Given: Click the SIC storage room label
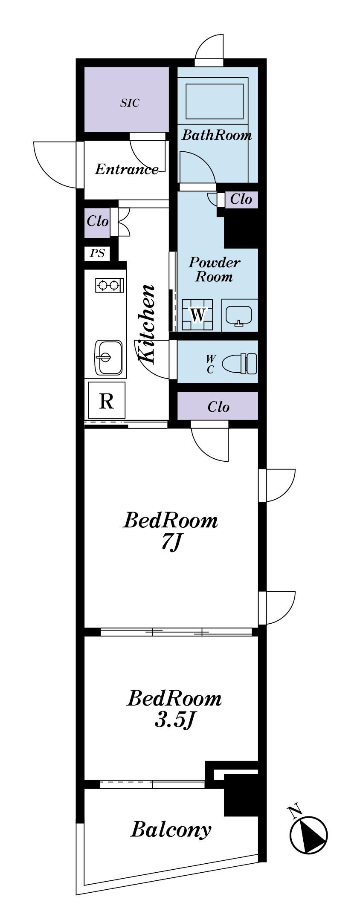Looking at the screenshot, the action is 130,103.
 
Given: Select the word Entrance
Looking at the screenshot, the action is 126,169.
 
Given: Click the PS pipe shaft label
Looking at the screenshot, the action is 98,253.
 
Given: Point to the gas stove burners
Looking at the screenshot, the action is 110,285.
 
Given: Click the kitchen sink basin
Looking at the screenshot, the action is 108,357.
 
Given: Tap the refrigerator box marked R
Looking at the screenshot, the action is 107,400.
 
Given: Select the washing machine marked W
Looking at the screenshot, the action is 197,315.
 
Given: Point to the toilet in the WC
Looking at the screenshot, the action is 241,363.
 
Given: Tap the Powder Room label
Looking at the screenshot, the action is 214,269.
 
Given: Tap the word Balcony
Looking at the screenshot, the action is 171,830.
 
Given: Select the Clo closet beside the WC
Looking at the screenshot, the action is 218,407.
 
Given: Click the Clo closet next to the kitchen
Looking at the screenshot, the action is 98,221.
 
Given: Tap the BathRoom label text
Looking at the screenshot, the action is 217,136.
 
